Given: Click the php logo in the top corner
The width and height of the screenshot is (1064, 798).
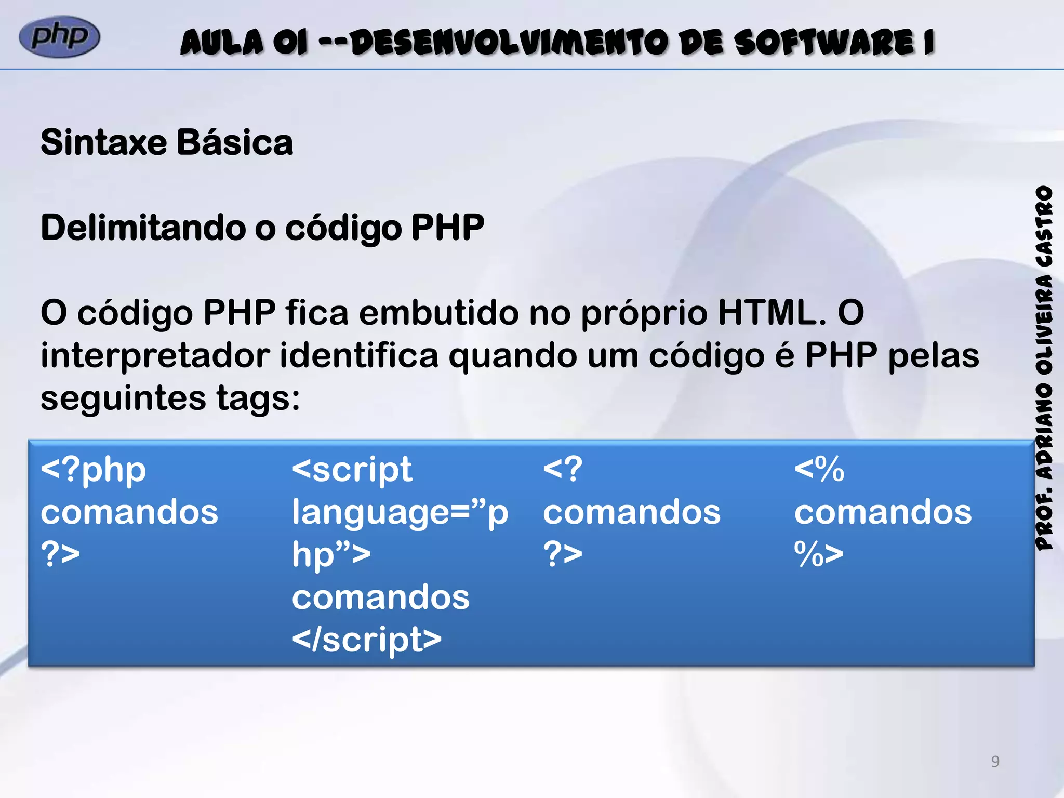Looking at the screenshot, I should pyautogui.click(x=59, y=37).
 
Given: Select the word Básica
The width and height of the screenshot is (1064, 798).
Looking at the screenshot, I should pyautogui.click(x=235, y=142).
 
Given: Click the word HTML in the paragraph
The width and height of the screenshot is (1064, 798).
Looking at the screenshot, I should pyautogui.click(x=772, y=313).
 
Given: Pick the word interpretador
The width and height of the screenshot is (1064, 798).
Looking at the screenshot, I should pyautogui.click(x=155, y=356).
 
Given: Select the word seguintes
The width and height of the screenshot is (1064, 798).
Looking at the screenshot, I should pyautogui.click(x=123, y=399).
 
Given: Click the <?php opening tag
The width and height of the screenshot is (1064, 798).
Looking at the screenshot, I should pyautogui.click(x=94, y=470).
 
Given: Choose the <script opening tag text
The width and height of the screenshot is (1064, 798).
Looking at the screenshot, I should pyautogui.click(x=352, y=470).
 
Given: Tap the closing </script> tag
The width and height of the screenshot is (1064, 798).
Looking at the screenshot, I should pyautogui.click(x=367, y=640).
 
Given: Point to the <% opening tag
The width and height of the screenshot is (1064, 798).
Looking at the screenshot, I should pyautogui.click(x=819, y=470).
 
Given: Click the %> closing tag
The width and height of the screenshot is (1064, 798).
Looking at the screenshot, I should pyautogui.click(x=819, y=554).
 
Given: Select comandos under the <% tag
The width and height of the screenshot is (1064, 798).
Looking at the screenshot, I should pyautogui.click(x=883, y=512).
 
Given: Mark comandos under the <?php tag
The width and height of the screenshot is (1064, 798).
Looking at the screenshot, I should pyautogui.click(x=129, y=512).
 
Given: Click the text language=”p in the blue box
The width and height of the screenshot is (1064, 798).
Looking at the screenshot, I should pyautogui.click(x=400, y=512).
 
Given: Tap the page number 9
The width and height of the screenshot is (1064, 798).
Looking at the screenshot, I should pyautogui.click(x=995, y=761).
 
